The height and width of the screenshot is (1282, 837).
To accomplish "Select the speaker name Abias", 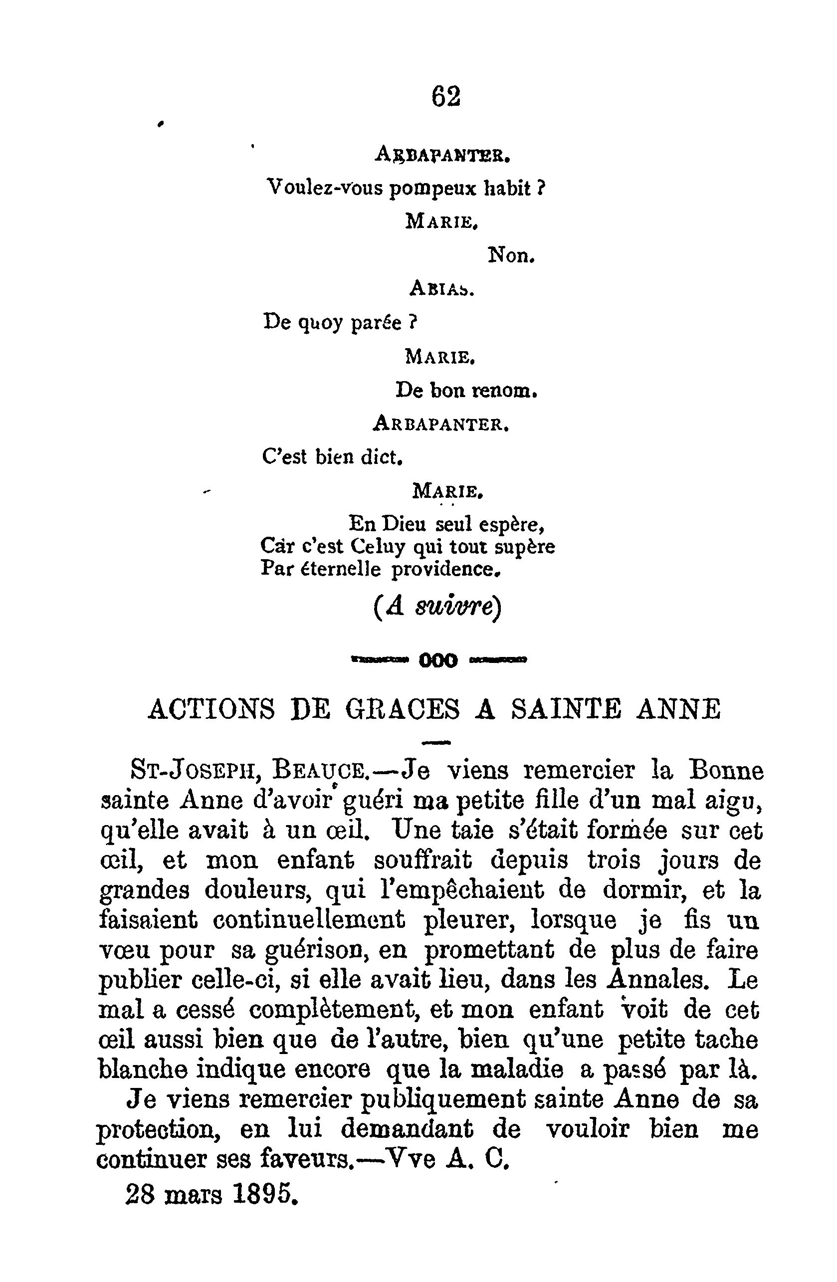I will pos(441,289).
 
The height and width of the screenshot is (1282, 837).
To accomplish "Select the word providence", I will pos(446,569).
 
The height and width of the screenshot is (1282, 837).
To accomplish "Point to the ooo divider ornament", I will pos(438,660).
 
